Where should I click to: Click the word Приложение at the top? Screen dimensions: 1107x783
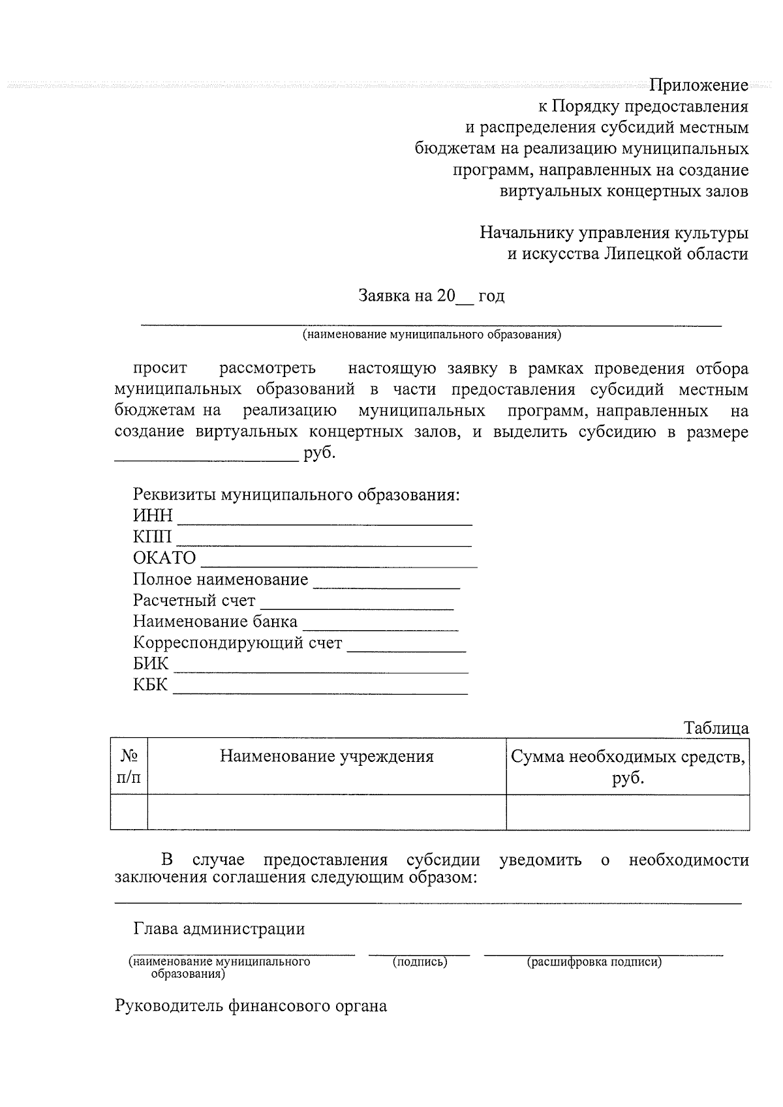pos(699,85)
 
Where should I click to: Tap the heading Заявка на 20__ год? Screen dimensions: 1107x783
pos(431,296)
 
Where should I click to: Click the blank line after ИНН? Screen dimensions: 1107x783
pos(324,519)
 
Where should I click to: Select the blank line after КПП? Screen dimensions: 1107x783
pos(324,540)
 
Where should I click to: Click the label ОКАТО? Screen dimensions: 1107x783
pos(164,558)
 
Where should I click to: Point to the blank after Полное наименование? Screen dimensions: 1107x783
pos(386,583)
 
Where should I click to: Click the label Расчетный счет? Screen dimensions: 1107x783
pos(194,600)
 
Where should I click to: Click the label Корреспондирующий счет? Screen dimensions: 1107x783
pos(238,643)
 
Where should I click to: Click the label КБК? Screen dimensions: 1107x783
pos(150,685)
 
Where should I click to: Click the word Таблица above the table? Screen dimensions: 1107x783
pos(716,728)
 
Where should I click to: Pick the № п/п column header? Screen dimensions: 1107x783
pos(129,766)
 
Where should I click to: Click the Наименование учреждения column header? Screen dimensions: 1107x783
pos(326,756)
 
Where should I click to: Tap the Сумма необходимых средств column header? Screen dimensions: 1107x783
pos(628,766)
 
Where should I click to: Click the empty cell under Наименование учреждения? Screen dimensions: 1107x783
pos(326,812)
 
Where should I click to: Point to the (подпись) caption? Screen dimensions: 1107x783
pos(420,962)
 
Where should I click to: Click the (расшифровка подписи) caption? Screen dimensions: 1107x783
pos(594,962)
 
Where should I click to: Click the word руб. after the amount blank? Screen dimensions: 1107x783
pos(319,453)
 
